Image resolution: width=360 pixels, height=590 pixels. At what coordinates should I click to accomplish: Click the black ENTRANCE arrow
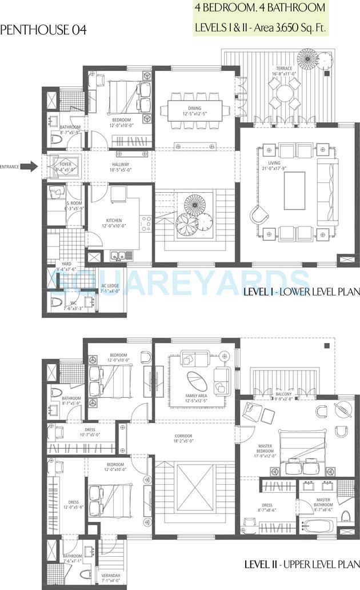32,166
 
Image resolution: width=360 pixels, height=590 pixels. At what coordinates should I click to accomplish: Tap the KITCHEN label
114,220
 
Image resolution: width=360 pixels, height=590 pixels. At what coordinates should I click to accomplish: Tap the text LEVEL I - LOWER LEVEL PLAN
301,292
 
